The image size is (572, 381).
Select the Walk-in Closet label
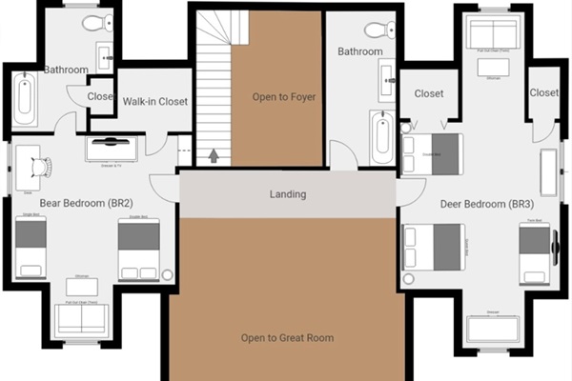pyautogui.click(x=155, y=101)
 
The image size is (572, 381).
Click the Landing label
pyautogui.click(x=287, y=194)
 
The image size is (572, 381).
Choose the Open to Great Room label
pyautogui.click(x=287, y=337)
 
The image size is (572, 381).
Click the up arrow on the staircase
pyautogui.click(x=214, y=154)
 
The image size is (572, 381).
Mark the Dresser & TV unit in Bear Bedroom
pyautogui.click(x=112, y=149)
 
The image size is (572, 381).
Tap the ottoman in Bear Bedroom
pyautogui.click(x=81, y=286)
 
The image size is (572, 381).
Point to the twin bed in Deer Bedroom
pyautogui.click(x=535, y=252)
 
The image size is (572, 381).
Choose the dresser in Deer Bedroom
pyautogui.click(x=492, y=327)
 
